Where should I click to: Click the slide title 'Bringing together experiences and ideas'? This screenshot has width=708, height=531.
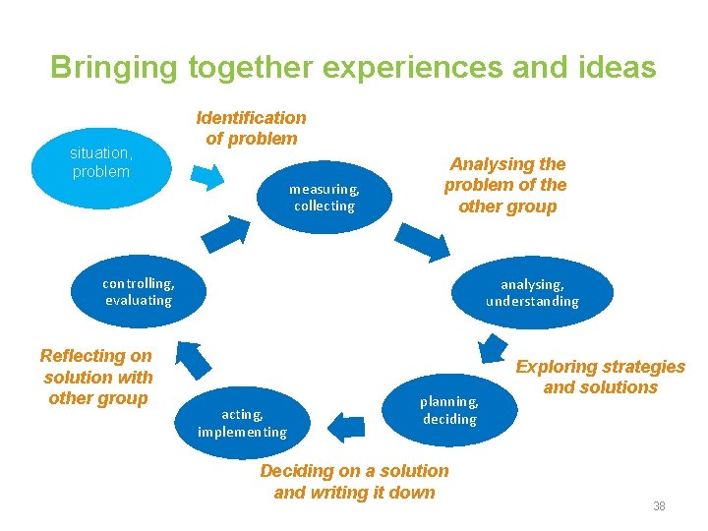(353, 67)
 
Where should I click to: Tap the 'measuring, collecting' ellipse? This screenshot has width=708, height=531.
(324, 198)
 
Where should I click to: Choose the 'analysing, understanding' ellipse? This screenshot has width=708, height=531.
(532, 292)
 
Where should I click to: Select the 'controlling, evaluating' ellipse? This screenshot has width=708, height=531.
(139, 292)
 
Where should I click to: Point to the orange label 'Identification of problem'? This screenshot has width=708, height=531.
(252, 128)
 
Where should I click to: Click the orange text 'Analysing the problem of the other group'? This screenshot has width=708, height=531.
(505, 185)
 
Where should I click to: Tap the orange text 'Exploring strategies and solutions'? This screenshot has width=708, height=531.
(600, 377)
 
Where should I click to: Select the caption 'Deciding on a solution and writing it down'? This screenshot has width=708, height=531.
(354, 482)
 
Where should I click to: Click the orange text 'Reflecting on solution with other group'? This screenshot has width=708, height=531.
(97, 377)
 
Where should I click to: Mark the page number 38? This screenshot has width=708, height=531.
(659, 506)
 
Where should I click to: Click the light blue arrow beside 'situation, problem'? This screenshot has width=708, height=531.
(207, 176)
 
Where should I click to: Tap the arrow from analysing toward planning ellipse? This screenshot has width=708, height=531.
(490, 349)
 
